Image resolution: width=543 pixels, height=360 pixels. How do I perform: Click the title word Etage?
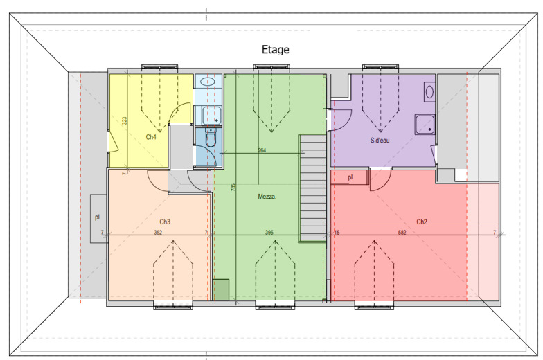(276, 50)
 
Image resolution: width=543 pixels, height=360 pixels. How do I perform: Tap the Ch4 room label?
(151, 137)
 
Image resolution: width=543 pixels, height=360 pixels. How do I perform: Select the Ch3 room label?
(165, 222)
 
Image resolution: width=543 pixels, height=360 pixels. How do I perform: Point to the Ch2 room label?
(421, 222)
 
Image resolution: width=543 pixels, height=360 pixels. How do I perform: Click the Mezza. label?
(267, 197)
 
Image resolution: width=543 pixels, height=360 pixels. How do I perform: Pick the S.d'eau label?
(380, 140)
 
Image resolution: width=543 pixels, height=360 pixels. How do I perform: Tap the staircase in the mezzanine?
(313, 188)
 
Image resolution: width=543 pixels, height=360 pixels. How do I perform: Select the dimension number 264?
(262, 150)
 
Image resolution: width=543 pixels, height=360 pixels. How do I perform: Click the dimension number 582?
(402, 233)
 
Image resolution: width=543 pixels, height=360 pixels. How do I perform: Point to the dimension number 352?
(158, 233)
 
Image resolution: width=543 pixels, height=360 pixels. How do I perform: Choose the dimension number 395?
(269, 233)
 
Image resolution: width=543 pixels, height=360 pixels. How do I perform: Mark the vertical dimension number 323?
(125, 120)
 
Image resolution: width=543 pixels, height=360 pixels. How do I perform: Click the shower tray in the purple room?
(425, 125)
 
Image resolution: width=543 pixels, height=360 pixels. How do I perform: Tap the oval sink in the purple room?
(429, 92)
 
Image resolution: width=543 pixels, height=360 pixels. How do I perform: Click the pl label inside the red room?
(350, 177)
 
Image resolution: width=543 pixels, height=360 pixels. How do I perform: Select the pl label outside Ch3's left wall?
(97, 217)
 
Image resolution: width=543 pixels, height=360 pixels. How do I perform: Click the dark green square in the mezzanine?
(221, 289)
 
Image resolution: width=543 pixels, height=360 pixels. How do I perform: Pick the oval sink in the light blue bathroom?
(208, 82)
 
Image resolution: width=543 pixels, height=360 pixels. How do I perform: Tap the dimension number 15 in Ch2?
(337, 233)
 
